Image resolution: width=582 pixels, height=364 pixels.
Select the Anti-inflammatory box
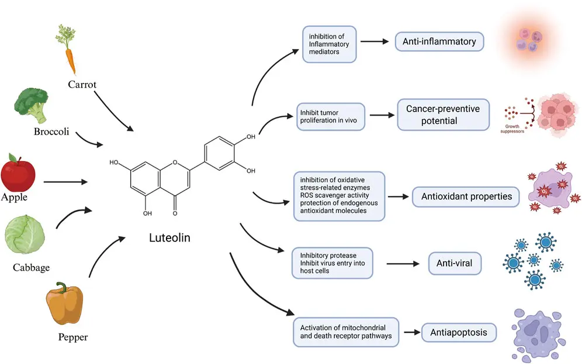coord(439,41)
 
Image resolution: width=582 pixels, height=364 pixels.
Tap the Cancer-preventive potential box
coord(443,114)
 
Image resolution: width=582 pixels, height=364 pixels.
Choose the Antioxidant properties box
coord(466,197)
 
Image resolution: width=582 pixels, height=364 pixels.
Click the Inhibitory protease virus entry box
coord(332,263)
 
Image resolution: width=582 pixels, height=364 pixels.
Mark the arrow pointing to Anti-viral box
coord(400,264)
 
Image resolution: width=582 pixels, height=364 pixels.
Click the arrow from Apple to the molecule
coord(65,181)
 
